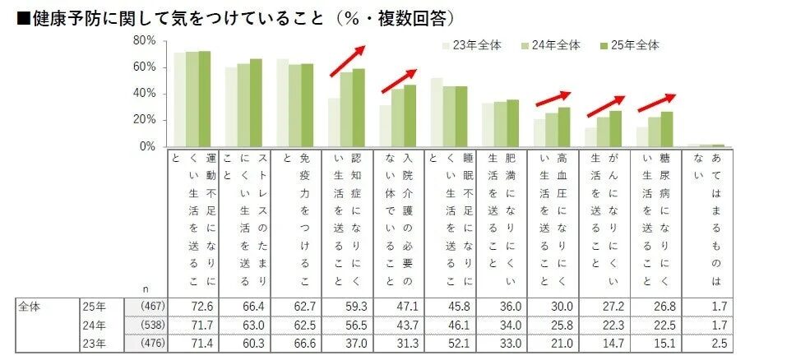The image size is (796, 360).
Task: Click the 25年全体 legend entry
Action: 634,46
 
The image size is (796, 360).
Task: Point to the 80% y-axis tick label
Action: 144,40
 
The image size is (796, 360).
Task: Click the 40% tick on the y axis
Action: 144,94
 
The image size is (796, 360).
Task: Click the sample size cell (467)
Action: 153,307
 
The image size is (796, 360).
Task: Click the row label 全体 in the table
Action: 31,307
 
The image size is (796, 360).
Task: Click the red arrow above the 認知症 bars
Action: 348,61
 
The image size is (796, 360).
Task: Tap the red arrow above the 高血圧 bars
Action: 553,98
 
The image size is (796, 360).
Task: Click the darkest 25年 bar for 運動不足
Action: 205,99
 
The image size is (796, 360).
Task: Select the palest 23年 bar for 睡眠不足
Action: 436,112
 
